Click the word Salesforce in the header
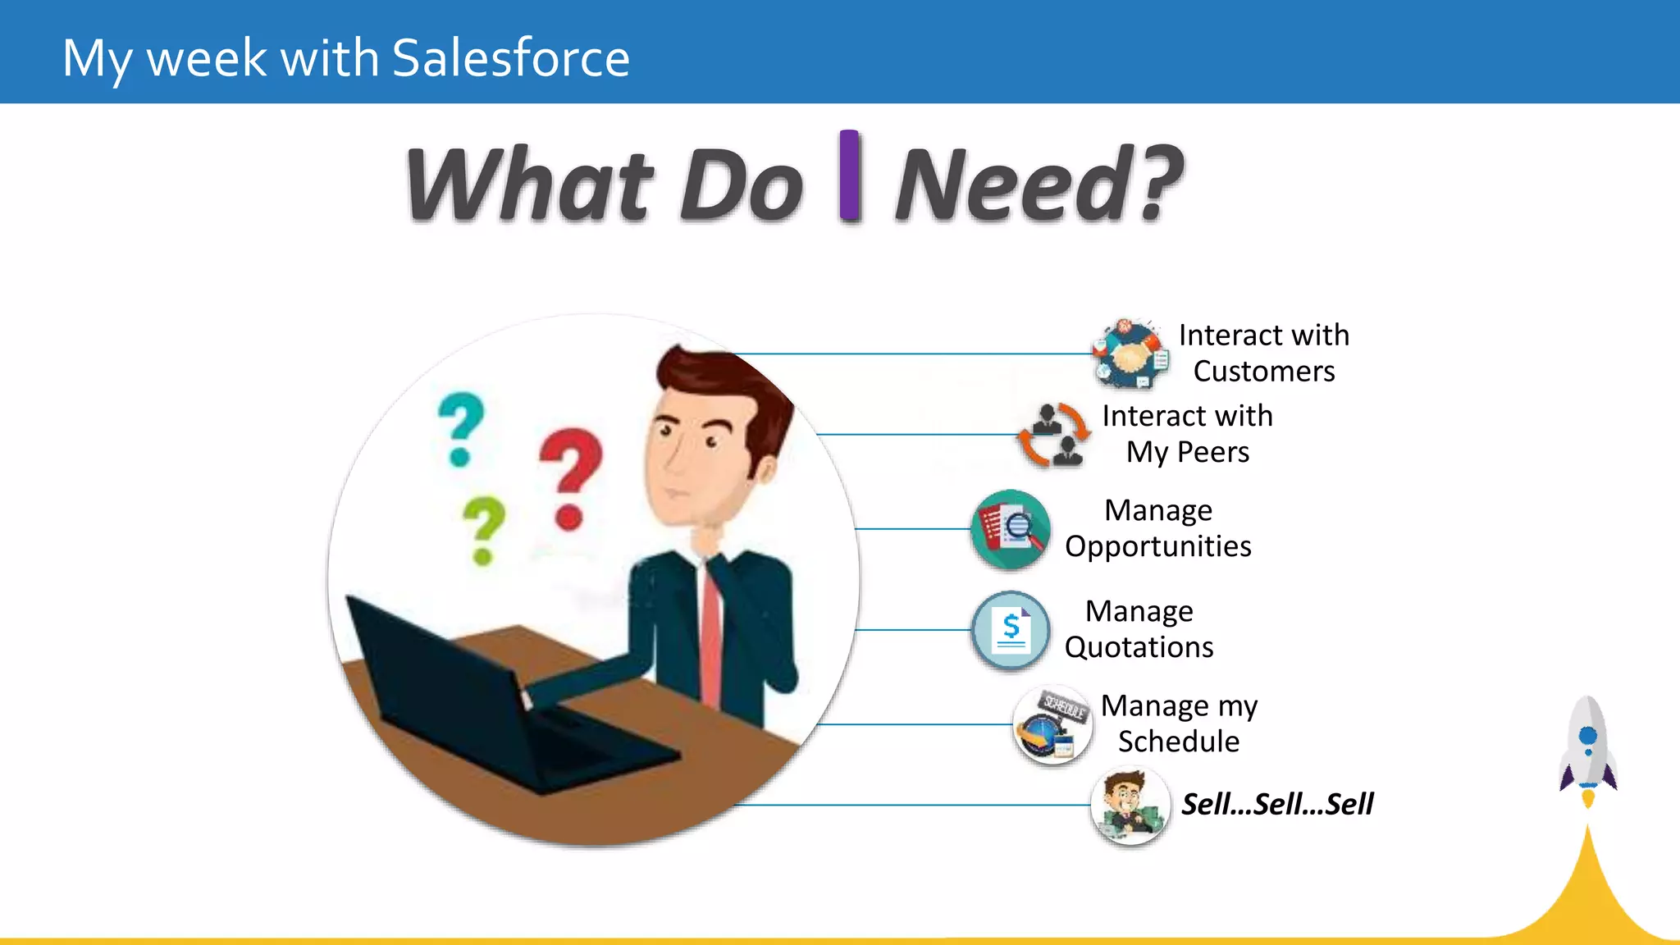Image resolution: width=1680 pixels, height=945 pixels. point(510,58)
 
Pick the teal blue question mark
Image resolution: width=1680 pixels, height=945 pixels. point(461,427)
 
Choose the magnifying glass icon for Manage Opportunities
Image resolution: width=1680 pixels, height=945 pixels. point(1011,530)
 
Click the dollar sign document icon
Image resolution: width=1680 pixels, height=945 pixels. point(1011,631)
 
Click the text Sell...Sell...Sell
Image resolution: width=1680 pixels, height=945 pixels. point(1276,804)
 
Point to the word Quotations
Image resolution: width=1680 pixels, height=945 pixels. point(1139,647)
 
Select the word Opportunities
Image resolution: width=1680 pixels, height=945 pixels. point(1157,546)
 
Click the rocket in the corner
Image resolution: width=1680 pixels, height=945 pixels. point(1588,746)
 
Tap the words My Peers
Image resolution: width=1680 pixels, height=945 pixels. point(1187,452)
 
